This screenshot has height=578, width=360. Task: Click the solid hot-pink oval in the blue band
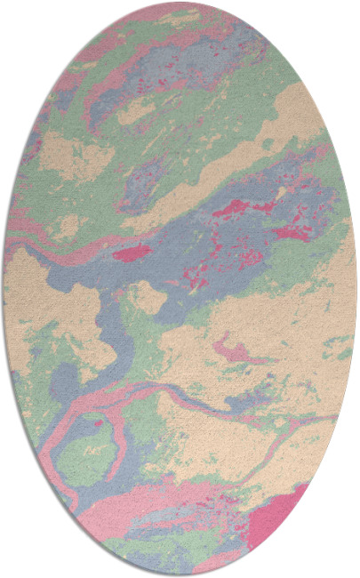click(x=132, y=253)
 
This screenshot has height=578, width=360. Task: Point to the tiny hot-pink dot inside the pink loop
click(x=98, y=424)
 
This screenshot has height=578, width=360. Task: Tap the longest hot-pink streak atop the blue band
click(x=236, y=210)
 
